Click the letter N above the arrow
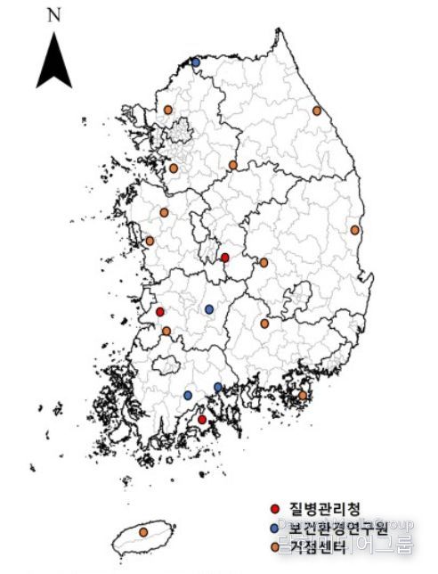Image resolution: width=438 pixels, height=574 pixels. coord(53,14)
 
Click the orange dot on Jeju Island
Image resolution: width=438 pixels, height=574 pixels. coord(143,532)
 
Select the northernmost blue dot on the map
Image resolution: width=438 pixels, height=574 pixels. coord(196,61)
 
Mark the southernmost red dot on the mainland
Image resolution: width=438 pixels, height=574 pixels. coord(202,419)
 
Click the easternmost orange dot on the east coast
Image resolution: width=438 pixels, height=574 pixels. coord(355,230)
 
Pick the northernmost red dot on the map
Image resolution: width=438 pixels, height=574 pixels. coord(224,258)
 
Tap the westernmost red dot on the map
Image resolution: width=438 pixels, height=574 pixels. coord(160,312)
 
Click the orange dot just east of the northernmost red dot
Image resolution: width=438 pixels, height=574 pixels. coord(264,262)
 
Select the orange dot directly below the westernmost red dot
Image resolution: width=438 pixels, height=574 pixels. coord(166,331)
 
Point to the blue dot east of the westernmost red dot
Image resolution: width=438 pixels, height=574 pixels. coord(209,309)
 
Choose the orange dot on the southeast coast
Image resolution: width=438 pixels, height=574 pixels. coord(303,395)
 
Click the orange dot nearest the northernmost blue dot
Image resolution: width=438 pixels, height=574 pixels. coord(167,110)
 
